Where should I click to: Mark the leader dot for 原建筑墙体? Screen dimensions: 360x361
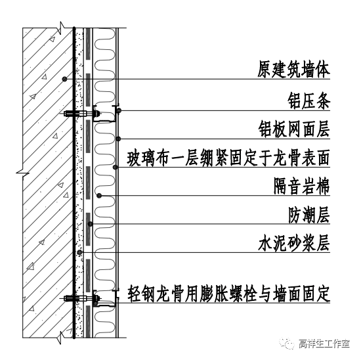pyautogui.click(x=64, y=79)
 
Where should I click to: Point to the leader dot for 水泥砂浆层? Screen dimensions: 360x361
pyautogui.click(x=79, y=253)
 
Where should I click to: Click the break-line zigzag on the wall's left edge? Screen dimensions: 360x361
pyautogui.click(x=20, y=172)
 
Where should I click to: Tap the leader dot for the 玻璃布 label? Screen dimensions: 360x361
pyautogui.click(x=116, y=167)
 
